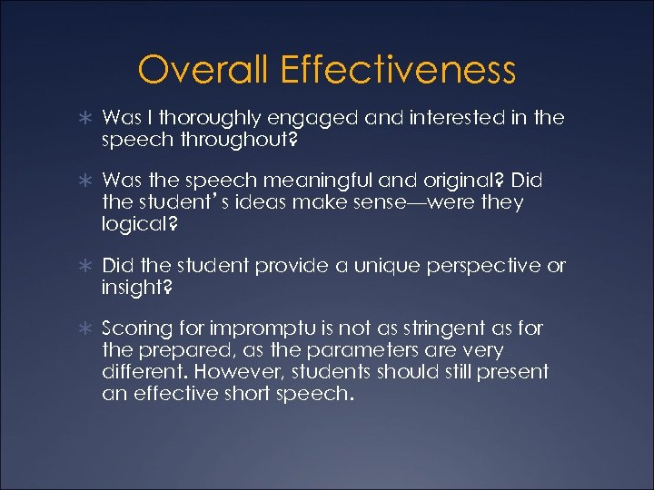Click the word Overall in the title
(205, 69)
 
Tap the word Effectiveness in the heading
(400, 69)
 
